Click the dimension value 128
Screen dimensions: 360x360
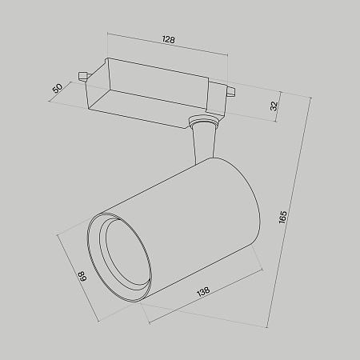168,39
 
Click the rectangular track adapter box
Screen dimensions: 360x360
152,88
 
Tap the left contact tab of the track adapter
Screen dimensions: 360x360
82,77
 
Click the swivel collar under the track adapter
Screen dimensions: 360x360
202,123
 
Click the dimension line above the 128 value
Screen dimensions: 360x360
168,47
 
